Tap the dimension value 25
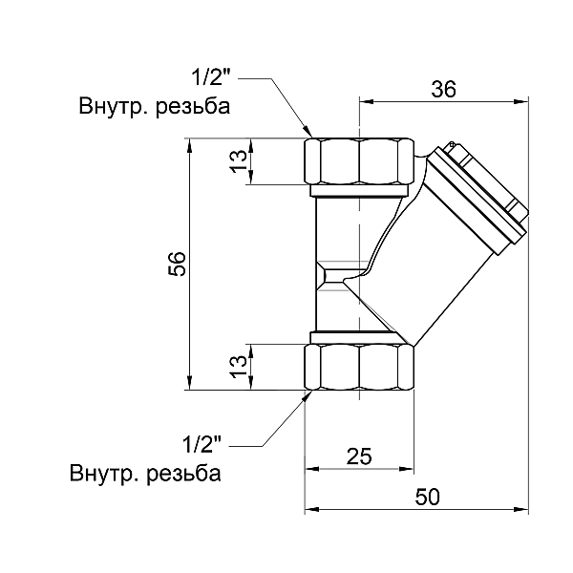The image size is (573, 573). [358, 456]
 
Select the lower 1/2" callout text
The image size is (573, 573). [202, 445]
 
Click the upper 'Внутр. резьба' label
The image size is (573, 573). [155, 106]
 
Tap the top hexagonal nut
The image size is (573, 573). [360, 162]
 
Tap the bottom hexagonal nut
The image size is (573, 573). [360, 367]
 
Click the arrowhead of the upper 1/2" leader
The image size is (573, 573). [308, 134]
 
